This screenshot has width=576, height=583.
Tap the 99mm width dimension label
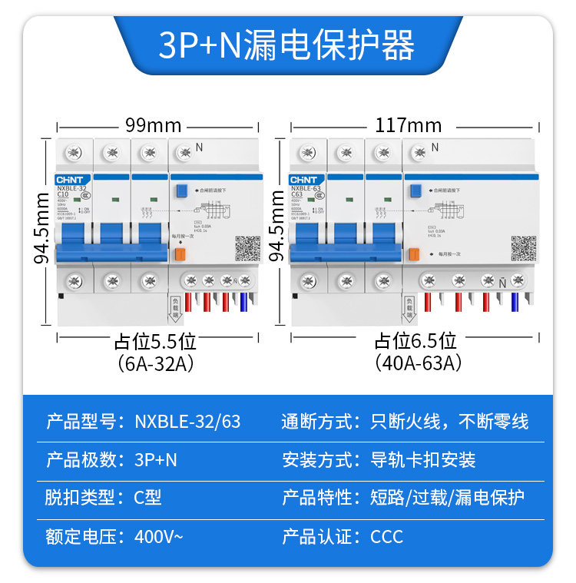pos(153,124)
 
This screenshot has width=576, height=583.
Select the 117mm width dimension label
pos(408,124)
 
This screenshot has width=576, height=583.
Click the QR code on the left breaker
pos(247,248)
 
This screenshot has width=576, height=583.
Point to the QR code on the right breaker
pos(523,247)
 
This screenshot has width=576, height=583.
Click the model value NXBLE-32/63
pos(187,422)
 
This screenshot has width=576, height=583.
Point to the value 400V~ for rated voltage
pos(159,536)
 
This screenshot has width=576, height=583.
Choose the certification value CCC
pos(386,536)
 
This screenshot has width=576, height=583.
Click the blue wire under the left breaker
pos(243,303)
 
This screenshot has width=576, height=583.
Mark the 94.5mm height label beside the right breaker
pos(276,227)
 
